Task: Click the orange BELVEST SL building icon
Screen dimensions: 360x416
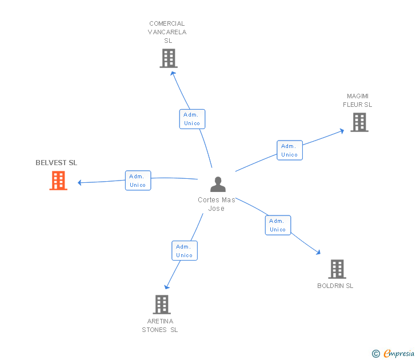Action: [58, 181]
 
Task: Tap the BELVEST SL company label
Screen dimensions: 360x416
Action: [56, 163]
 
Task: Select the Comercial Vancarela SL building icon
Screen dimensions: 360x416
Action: [169, 58]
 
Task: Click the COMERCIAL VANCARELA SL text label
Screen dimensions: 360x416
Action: [167, 32]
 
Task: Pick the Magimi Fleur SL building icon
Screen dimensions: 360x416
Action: [359, 122]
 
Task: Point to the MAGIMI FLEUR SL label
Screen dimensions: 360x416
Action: [358, 100]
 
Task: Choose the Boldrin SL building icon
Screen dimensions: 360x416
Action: [337, 269]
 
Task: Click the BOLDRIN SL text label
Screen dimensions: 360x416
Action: [335, 286]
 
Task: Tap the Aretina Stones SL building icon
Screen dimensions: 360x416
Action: [162, 305]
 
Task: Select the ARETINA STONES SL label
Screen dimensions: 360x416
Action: [160, 325]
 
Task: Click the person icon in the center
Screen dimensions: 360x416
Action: [218, 184]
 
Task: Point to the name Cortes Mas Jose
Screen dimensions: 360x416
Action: [217, 204]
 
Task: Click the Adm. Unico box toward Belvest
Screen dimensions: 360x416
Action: [138, 181]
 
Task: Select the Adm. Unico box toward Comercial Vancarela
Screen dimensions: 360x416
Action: [192, 119]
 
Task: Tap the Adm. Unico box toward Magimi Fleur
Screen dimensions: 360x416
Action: [290, 150]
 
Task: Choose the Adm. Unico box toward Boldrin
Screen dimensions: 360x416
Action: [278, 225]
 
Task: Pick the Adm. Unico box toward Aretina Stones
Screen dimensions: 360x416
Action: [185, 251]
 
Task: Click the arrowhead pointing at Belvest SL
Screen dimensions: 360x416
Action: [80, 183]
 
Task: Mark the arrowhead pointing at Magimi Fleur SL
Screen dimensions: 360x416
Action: [342, 130]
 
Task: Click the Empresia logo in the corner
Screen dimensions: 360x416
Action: [393, 354]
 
